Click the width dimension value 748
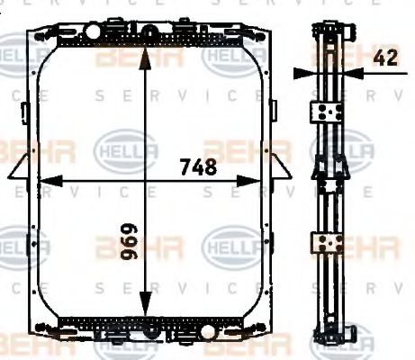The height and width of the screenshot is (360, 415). point(197,166)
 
